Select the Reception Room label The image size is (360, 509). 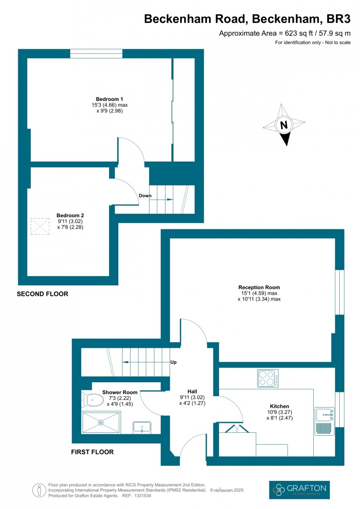(x=259, y=287)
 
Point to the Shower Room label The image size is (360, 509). (x=120, y=392)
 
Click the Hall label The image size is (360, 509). (x=192, y=391)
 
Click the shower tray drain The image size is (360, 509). (x=101, y=422)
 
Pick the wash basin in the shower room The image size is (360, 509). (x=142, y=427)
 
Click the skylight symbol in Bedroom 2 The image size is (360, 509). (x=40, y=227)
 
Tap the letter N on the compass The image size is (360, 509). (x=284, y=125)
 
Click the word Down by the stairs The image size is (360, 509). (x=145, y=196)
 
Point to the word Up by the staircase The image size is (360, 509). (x=173, y=362)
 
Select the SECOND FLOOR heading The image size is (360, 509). (x=42, y=294)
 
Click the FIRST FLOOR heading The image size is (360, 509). (x=92, y=452)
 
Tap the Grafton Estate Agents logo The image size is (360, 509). (x=299, y=490)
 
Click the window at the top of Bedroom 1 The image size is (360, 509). (x=96, y=53)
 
